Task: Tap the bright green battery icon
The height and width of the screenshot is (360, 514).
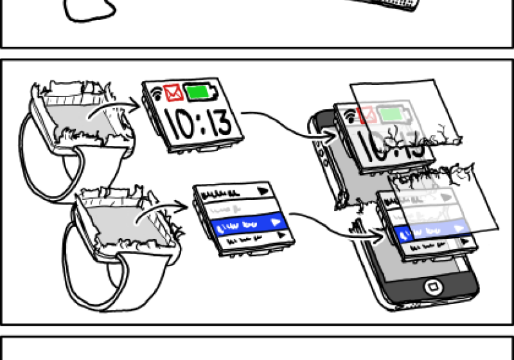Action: [x=201, y=94]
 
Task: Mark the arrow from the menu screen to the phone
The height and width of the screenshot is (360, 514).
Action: [x=334, y=225]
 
